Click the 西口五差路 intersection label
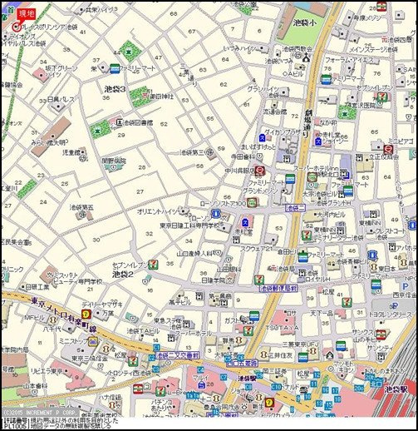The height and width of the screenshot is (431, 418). point(244,363)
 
